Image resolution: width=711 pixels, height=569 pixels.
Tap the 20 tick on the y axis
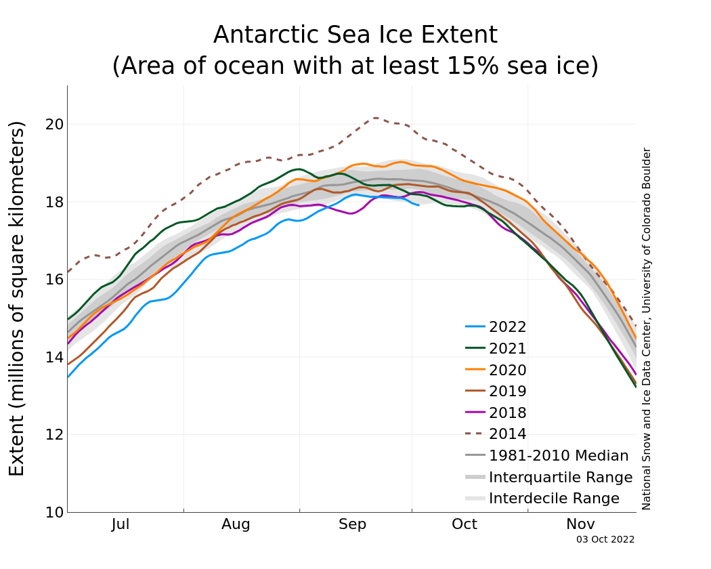click(x=54, y=125)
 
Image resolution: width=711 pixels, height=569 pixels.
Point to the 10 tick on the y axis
click(x=54, y=513)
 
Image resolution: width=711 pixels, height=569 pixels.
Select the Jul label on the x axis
click(x=121, y=524)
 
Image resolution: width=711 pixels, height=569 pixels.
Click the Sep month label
click(x=352, y=524)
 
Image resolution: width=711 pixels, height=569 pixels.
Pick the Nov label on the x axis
click(x=580, y=524)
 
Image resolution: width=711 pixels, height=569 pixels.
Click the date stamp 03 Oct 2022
click(x=605, y=540)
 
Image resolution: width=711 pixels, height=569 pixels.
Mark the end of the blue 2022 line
click(x=418, y=205)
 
